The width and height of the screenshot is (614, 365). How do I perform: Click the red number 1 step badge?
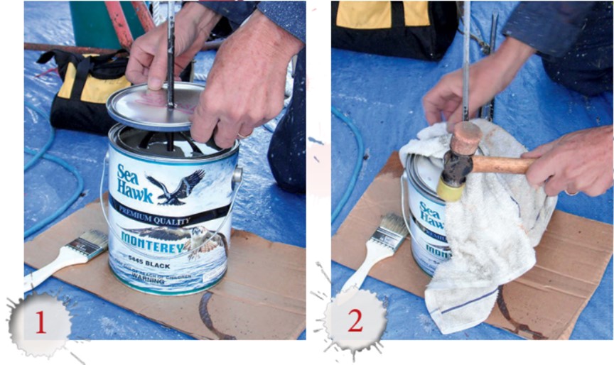point(40,323)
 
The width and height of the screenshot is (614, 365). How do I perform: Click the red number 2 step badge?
point(355,320)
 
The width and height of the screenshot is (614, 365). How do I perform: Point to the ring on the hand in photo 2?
point(571,191)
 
